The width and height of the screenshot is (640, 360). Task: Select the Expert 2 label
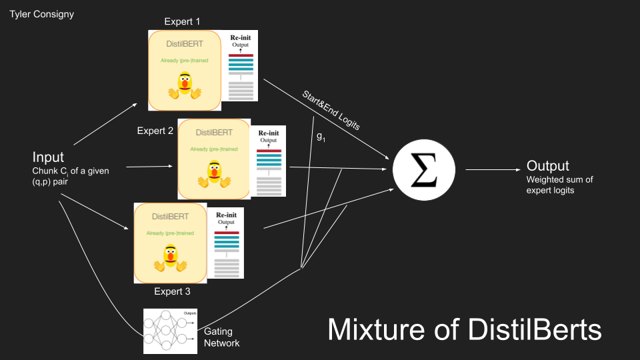(x=155, y=131)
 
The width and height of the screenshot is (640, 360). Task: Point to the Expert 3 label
(x=173, y=291)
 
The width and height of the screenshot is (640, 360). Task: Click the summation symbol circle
(x=423, y=170)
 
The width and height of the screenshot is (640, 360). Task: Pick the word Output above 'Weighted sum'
(x=548, y=166)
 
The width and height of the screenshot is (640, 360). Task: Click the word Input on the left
(x=49, y=157)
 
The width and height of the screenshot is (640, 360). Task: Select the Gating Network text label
(x=221, y=337)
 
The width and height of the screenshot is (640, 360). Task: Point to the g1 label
(x=321, y=136)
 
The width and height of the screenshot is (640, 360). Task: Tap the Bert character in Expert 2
(x=213, y=175)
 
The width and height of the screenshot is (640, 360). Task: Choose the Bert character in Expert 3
(x=169, y=258)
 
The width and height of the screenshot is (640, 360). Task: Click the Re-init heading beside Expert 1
(x=241, y=37)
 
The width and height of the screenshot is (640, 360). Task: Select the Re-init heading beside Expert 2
(x=268, y=133)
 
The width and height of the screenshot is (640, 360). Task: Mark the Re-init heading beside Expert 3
(x=226, y=215)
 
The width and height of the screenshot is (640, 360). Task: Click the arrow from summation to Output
(x=491, y=170)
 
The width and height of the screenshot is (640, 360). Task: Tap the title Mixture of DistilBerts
(x=465, y=329)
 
